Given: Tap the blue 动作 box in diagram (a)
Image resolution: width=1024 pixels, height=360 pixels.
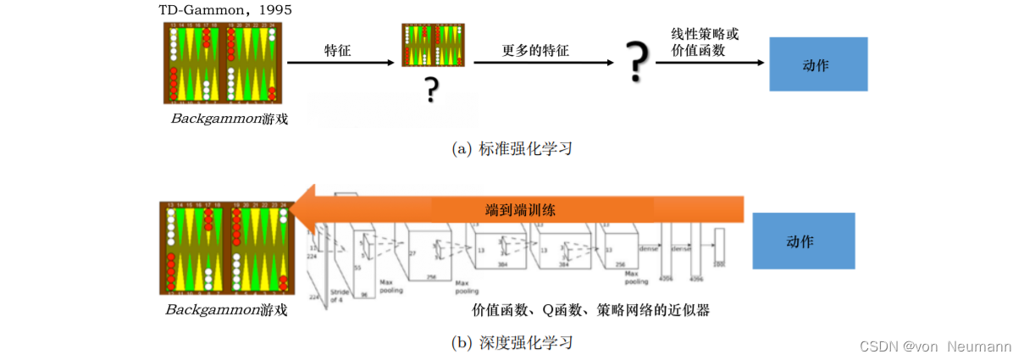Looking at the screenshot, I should (818, 64).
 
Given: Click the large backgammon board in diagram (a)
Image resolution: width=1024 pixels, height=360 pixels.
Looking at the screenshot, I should (224, 63).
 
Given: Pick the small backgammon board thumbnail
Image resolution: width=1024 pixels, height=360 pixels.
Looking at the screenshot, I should (433, 45).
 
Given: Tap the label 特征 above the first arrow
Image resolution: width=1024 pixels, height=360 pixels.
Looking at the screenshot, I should (337, 51).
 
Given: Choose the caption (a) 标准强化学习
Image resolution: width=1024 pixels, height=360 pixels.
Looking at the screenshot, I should (514, 149).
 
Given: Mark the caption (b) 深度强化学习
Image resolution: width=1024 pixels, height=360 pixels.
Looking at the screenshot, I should (514, 342).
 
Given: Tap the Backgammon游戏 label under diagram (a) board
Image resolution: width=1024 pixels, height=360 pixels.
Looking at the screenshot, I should (229, 119).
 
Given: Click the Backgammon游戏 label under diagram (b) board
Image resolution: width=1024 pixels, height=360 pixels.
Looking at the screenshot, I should (226, 310).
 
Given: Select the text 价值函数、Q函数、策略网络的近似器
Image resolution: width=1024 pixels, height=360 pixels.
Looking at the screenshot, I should (590, 310).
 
